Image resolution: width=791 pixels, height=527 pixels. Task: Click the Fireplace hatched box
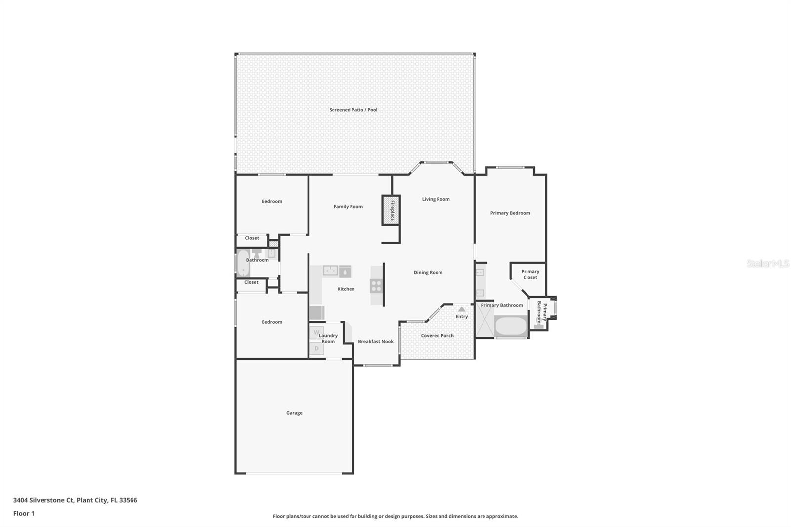pyautogui.click(x=391, y=210)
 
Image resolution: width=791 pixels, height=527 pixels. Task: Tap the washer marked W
pyautogui.click(x=316, y=332)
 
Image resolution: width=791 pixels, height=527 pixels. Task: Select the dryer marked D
pyautogui.click(x=316, y=349)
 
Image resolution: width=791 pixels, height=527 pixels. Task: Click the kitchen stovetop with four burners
pyautogui.click(x=376, y=285)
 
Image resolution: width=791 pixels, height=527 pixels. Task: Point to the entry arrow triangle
pyautogui.click(x=461, y=309)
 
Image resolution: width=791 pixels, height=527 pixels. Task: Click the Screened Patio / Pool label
pyautogui.click(x=353, y=110)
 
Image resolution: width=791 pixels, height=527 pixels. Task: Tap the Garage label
pyautogui.click(x=294, y=413)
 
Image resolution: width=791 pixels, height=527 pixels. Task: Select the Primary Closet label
pyautogui.click(x=530, y=274)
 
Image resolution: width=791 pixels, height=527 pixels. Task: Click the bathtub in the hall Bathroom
pyautogui.click(x=242, y=263)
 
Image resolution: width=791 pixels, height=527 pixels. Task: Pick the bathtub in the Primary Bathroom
pyautogui.click(x=511, y=326)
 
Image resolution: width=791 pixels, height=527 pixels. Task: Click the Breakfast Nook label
pyautogui.click(x=376, y=341)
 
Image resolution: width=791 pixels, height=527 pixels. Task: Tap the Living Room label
pyautogui.click(x=436, y=199)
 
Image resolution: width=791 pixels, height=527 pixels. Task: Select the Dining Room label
pyautogui.click(x=428, y=272)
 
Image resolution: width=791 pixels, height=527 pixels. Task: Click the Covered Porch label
pyautogui.click(x=437, y=335)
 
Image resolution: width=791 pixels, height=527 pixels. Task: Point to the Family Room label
pyautogui.click(x=348, y=207)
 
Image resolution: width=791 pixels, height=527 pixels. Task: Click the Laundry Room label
pyautogui.click(x=328, y=338)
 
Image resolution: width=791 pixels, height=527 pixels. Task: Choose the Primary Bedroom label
pyautogui.click(x=510, y=213)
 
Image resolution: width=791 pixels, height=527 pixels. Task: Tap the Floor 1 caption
pyautogui.click(x=24, y=513)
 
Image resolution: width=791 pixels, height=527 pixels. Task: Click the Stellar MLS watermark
pyautogui.click(x=767, y=263)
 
